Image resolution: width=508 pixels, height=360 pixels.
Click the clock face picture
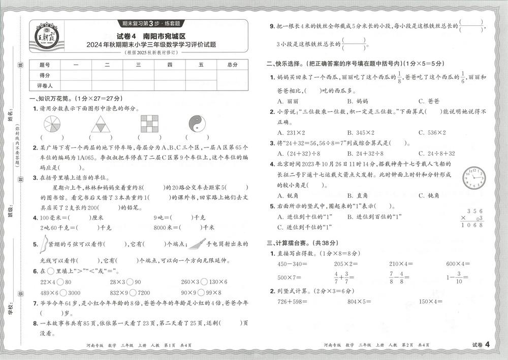[473, 178]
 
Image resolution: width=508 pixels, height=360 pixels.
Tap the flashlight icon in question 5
[196, 244]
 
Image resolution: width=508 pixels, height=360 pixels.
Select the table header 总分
[233, 65]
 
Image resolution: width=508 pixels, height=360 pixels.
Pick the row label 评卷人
[45, 85]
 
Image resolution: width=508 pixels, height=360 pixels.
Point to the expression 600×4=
[458, 263]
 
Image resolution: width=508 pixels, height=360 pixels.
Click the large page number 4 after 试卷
[487, 345]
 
